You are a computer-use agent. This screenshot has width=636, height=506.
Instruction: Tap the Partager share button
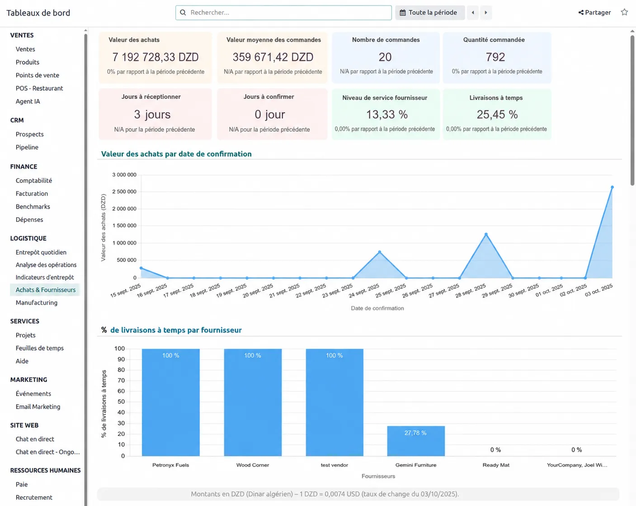click(594, 12)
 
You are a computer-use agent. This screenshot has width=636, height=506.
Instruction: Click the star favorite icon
click(624, 12)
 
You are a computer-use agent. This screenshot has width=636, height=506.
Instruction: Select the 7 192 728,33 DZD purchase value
click(155, 57)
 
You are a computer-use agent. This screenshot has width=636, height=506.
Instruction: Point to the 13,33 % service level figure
click(386, 114)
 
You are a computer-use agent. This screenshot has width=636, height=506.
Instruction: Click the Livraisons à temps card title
click(496, 98)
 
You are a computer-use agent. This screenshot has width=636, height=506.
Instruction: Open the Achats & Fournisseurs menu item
click(46, 290)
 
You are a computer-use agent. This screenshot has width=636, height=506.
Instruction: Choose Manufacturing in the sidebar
click(37, 302)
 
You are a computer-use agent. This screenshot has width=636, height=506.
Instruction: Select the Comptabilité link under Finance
click(34, 181)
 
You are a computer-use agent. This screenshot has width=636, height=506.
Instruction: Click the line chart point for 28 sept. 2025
click(486, 234)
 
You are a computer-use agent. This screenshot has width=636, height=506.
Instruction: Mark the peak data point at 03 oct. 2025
click(612, 187)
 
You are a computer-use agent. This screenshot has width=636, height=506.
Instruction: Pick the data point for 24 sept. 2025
click(379, 252)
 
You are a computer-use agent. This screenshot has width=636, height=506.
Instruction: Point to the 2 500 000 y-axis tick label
click(124, 191)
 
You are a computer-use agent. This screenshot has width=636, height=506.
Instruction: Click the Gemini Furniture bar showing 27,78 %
click(416, 441)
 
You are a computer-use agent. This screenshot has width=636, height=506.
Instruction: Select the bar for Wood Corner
click(253, 402)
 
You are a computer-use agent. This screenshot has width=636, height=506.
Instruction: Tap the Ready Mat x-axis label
click(495, 465)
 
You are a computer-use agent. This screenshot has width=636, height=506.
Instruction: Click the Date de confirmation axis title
click(377, 308)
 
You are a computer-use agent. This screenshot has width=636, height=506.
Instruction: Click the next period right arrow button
click(485, 12)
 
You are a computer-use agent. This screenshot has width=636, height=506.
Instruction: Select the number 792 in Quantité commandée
click(495, 57)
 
